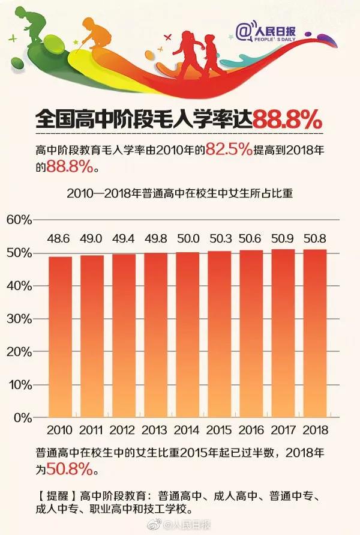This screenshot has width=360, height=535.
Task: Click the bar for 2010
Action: pos(59,336)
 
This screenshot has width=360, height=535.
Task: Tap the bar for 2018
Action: pos(315,333)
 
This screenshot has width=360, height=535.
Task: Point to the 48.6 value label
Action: pos(59,240)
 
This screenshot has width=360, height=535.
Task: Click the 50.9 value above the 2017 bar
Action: pos(283,240)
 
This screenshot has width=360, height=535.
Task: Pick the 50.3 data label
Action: pos(219,240)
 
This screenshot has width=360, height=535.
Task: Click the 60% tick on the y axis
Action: pos(19,220)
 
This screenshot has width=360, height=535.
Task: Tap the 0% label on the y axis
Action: pos(22,417)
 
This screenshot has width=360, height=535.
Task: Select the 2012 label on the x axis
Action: pos(123,431)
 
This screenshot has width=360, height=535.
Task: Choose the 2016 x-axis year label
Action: pos(251,431)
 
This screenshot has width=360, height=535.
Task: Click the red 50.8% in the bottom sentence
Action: pos(73,467)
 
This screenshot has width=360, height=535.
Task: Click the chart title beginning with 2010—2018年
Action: pos(179,194)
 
